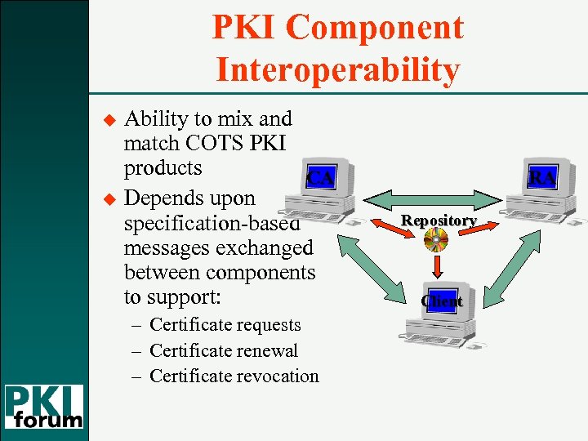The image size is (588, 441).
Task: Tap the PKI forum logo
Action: (x=45, y=407)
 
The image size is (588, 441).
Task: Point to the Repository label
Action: (x=439, y=221)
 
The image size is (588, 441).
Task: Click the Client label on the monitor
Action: (x=442, y=301)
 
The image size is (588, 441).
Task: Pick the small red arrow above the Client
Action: (x=439, y=267)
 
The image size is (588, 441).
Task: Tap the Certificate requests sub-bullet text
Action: (x=225, y=325)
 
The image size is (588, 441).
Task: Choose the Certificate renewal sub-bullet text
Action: (x=224, y=351)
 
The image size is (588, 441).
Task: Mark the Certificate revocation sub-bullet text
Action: (x=234, y=376)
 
